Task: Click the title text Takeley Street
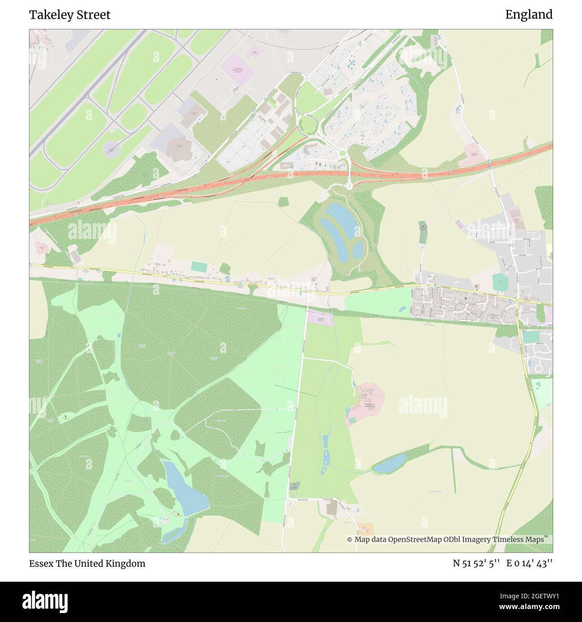pyautogui.click(x=70, y=15)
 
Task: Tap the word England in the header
pyautogui.click(x=529, y=15)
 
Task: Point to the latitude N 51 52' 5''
pyautogui.click(x=476, y=563)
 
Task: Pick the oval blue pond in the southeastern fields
pyautogui.click(x=390, y=463)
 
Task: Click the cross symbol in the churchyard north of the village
pyautogui.click(x=422, y=228)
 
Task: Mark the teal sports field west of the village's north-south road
pyautogui.click(x=498, y=282)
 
